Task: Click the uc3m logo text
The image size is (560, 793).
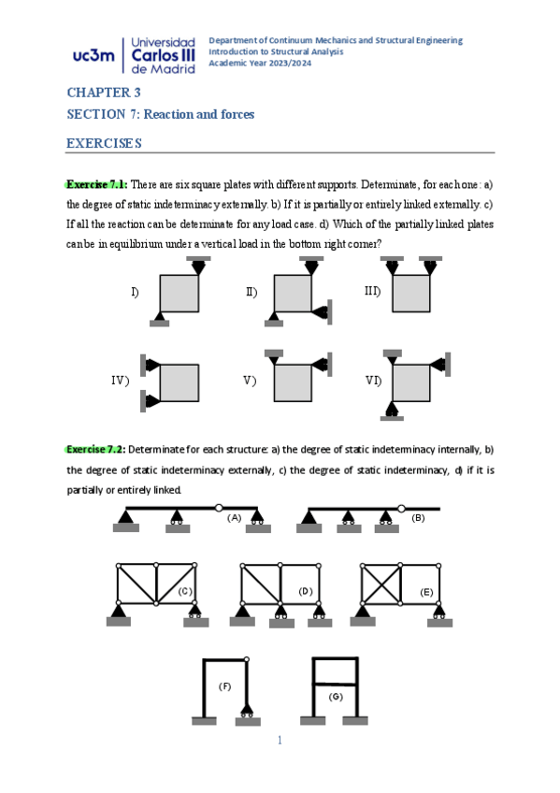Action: [x=93, y=55]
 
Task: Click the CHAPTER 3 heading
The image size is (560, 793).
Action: [x=104, y=93]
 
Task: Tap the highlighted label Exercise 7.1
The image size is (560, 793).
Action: [x=96, y=184]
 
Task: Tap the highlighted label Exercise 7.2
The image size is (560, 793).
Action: [x=96, y=449]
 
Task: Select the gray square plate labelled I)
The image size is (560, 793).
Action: [x=179, y=294]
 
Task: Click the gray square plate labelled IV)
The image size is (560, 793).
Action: [x=179, y=382]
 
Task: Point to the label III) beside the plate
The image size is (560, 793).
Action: [x=372, y=292]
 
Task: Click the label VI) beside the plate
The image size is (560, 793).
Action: [x=374, y=381]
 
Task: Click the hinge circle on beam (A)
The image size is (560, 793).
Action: [x=219, y=507]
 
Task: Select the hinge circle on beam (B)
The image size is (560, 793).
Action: [x=401, y=509]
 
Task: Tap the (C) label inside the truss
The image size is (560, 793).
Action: [x=185, y=591]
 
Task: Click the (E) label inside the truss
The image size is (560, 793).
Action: [x=426, y=592]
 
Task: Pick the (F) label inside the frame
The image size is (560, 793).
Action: [x=225, y=686]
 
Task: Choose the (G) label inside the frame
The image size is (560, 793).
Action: [x=336, y=697]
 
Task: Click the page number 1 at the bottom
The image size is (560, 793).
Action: [x=280, y=741]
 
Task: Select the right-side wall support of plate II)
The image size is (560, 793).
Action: [x=323, y=312]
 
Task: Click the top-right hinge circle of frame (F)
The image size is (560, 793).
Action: [x=247, y=659]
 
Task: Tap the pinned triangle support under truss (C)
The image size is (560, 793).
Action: [x=119, y=611]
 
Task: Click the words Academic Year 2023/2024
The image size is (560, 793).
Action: [x=260, y=64]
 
